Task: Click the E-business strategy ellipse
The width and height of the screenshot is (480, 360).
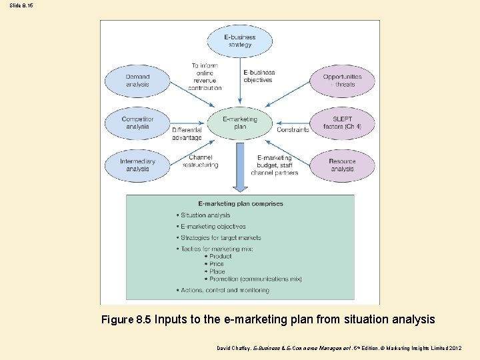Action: point(240,41)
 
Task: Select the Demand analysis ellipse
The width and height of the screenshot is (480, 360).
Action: point(137,81)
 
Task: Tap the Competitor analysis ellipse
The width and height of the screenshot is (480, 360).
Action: point(137,123)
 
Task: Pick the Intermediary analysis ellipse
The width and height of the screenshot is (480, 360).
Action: point(137,165)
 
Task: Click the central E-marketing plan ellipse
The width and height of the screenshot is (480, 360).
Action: point(240,123)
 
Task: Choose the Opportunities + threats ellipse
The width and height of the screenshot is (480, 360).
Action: point(342,81)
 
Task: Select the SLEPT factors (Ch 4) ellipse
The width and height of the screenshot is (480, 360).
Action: point(342,123)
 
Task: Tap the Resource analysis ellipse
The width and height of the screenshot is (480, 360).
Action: point(342,165)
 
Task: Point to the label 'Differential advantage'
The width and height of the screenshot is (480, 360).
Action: point(187,134)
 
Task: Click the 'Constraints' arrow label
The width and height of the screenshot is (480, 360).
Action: point(293,130)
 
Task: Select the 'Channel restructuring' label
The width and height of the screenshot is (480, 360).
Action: point(200,161)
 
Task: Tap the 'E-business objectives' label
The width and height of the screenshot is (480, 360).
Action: point(258,76)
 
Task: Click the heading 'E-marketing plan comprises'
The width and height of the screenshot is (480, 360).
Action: point(241,204)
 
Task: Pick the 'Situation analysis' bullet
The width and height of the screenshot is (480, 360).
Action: point(205,215)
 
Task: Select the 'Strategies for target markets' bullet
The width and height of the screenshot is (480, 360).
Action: point(221,238)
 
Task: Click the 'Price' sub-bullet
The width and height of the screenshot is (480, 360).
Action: point(217,264)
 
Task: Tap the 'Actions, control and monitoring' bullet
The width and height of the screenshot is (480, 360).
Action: point(225,291)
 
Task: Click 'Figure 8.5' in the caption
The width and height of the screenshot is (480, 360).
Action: point(126,320)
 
